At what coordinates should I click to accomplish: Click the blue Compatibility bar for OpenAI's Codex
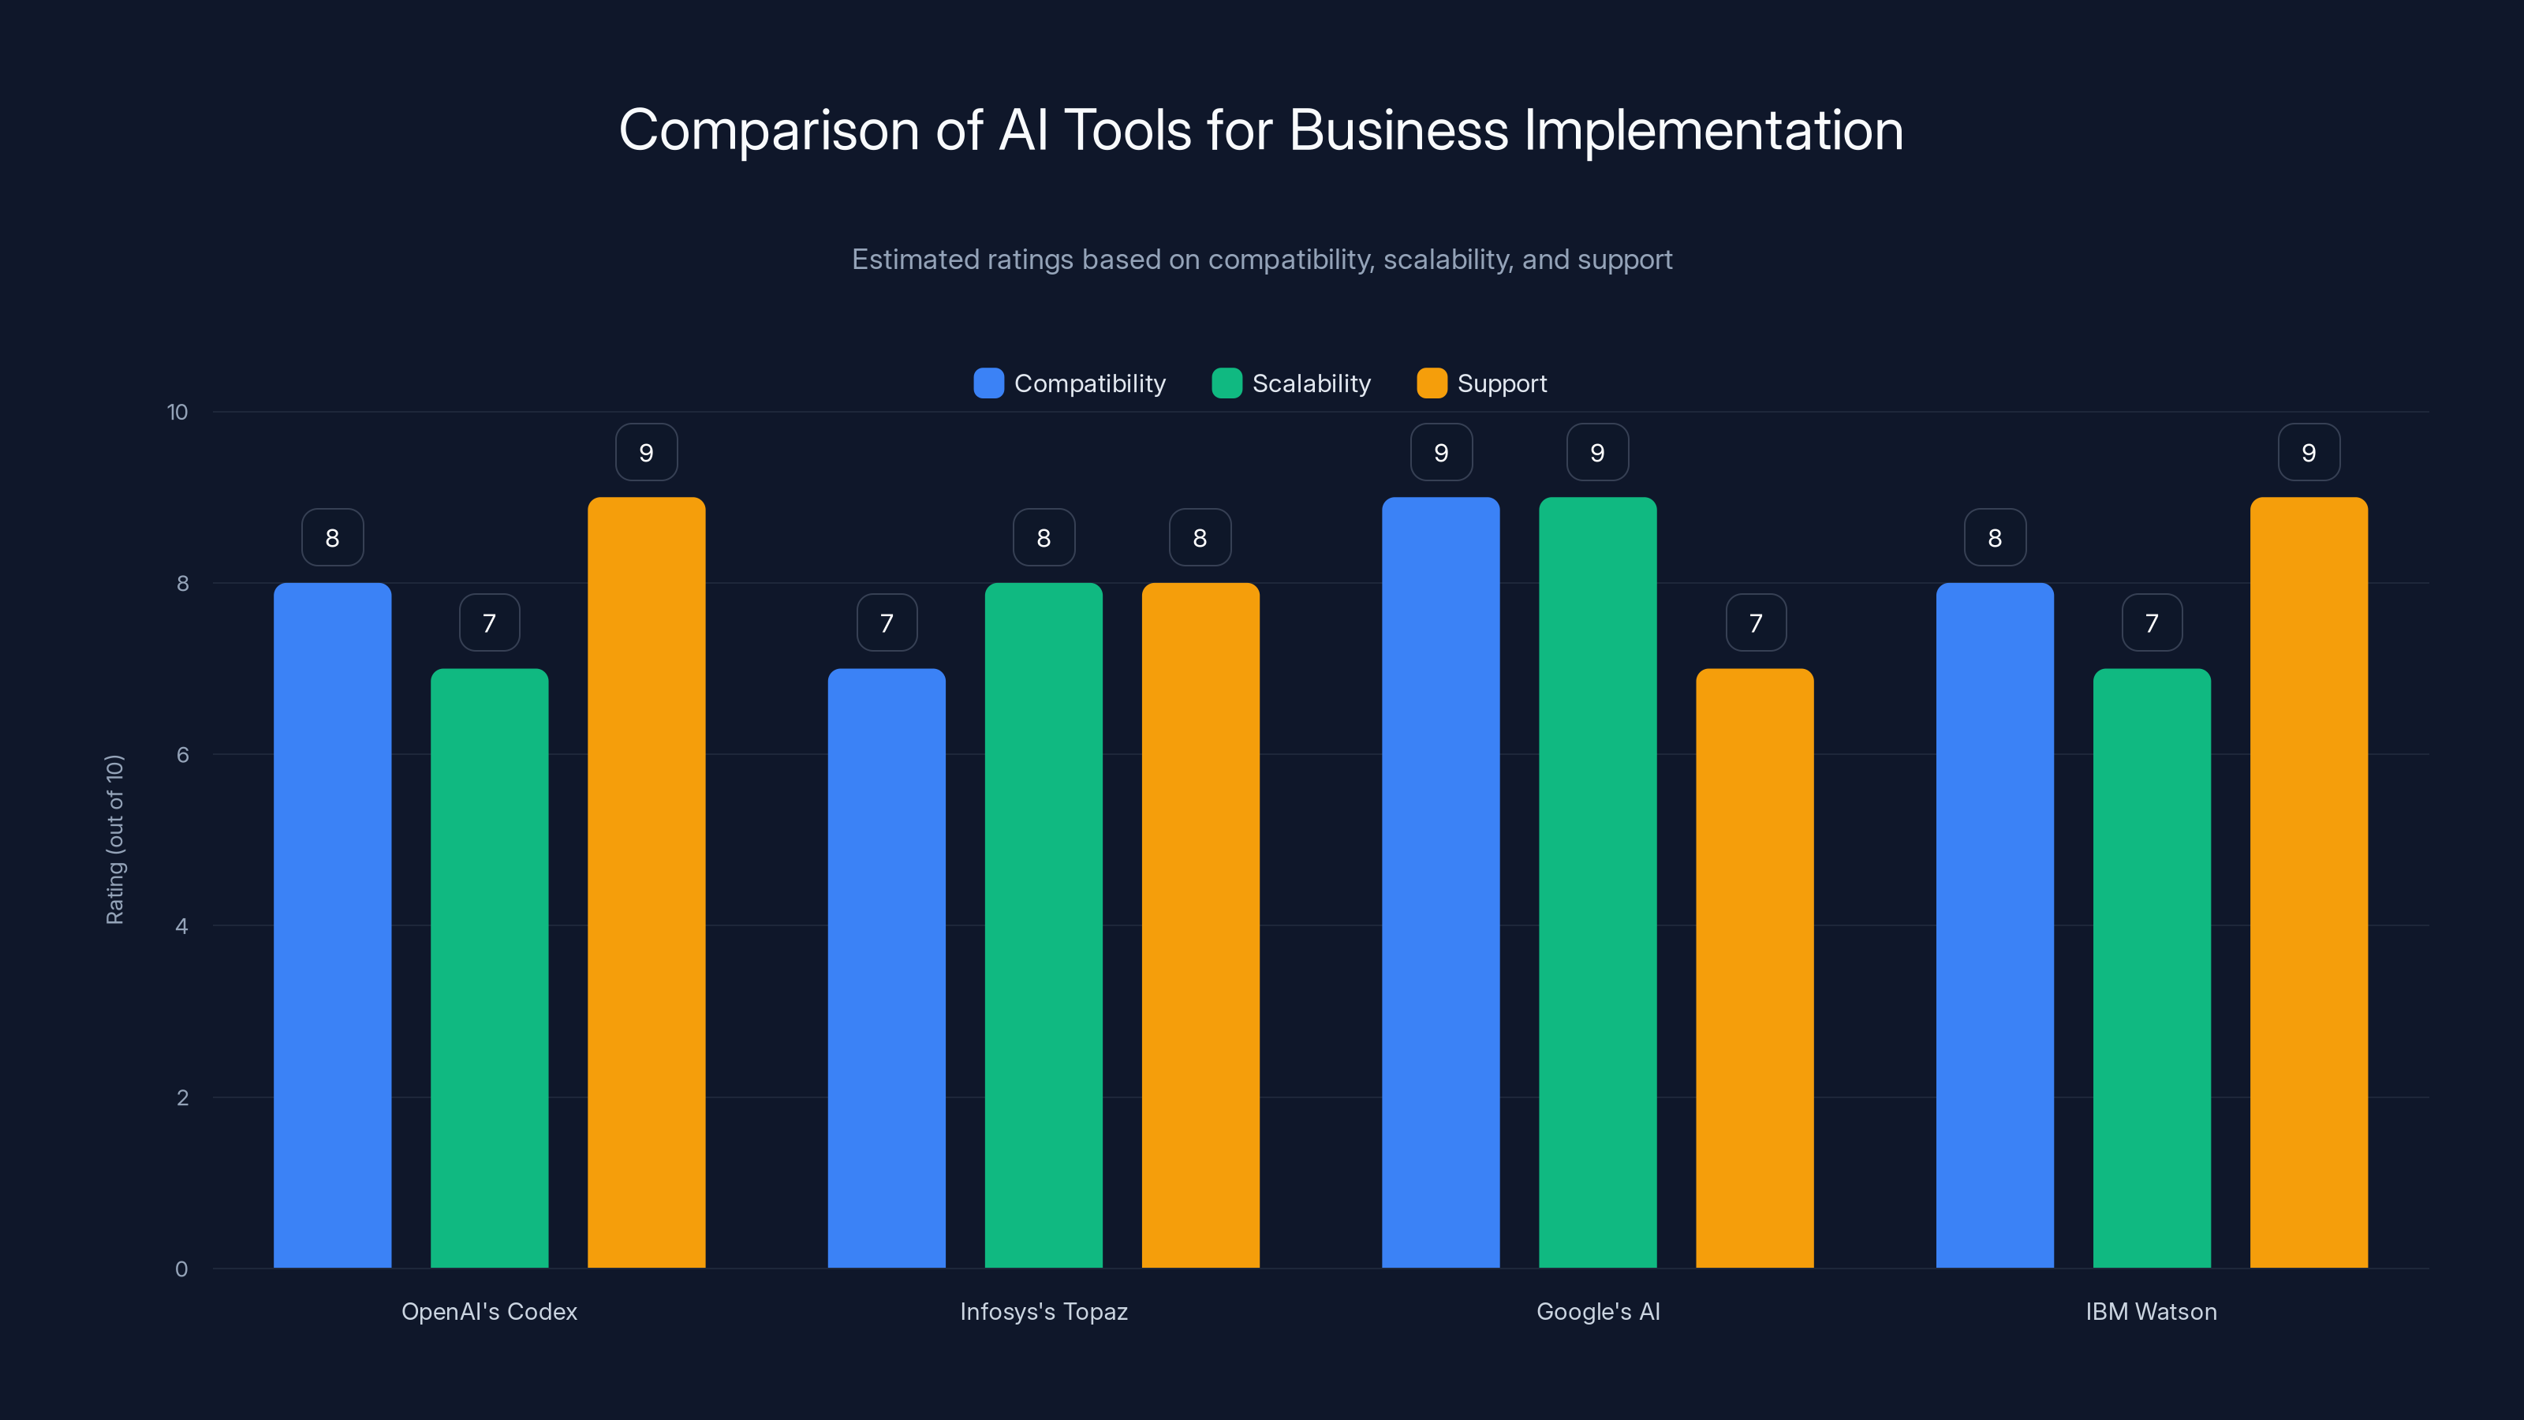[x=332, y=925]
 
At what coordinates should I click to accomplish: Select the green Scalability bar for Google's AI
[x=1597, y=882]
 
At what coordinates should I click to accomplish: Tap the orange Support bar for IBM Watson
[x=2309, y=882]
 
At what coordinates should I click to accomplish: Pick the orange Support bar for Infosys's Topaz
[x=1200, y=925]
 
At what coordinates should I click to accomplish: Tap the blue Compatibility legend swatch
[x=988, y=383]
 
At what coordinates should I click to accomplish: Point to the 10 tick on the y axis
[x=177, y=413]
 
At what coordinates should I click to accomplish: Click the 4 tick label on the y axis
[x=181, y=926]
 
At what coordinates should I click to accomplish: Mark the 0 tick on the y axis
[x=181, y=1269]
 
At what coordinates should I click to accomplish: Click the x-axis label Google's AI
[x=1598, y=1311]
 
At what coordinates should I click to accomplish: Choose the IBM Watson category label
[x=2151, y=1311]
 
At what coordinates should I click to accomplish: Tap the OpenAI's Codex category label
[x=489, y=1311]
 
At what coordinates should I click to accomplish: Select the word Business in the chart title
[x=1398, y=130]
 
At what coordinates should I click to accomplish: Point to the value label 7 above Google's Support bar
[x=1755, y=623]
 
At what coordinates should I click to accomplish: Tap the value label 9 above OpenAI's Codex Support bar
[x=646, y=453]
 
